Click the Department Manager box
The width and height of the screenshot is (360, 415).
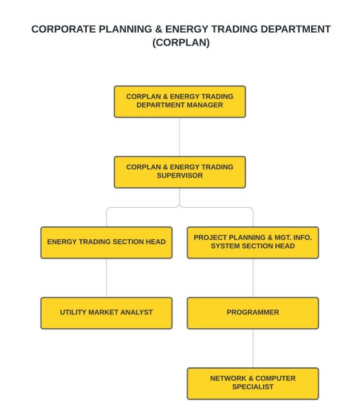(x=179, y=101)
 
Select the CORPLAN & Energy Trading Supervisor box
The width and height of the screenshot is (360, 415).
(x=179, y=172)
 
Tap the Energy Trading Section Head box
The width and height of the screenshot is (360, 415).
(x=106, y=243)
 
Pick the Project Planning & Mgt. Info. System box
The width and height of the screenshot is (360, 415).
(x=253, y=243)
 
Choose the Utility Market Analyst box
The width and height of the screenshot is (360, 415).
(x=106, y=313)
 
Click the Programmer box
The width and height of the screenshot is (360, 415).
(x=253, y=313)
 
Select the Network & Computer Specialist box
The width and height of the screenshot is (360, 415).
(x=253, y=383)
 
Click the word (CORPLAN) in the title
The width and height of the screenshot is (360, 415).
(x=181, y=44)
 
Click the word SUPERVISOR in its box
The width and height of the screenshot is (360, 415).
(x=179, y=176)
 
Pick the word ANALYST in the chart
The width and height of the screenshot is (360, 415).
(x=135, y=313)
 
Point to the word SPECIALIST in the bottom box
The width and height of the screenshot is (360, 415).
(x=253, y=387)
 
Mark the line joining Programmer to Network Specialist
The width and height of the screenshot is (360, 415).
(x=253, y=348)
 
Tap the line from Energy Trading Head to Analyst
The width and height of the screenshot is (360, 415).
(x=106, y=278)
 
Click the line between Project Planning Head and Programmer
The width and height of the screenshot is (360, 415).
(x=253, y=278)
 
